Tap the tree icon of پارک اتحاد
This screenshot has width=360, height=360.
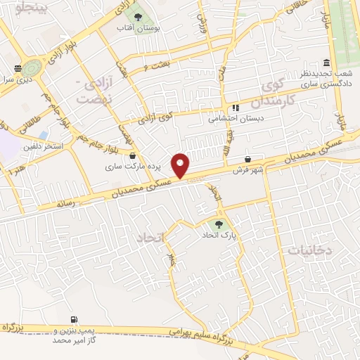(218, 226)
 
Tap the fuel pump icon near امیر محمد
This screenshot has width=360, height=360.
(74, 319)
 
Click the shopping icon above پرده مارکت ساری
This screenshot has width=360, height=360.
(133, 155)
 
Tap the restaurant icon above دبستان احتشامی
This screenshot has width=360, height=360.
(234, 108)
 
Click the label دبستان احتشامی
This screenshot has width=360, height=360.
(234, 119)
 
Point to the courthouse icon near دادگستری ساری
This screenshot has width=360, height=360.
(325, 63)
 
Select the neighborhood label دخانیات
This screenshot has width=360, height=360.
(307, 249)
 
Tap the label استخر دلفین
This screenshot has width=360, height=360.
(44, 146)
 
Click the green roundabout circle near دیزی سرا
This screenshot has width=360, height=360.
(31, 68)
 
